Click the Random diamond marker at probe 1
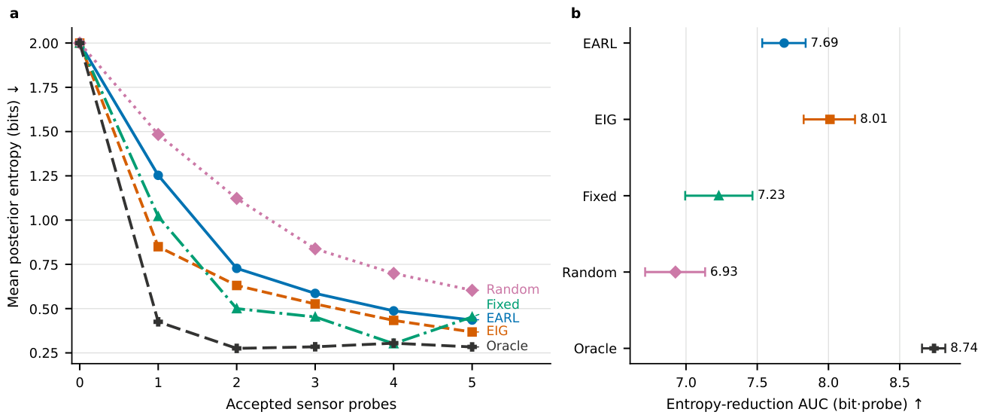click(158, 134)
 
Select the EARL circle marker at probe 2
click(237, 268)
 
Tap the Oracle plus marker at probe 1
click(158, 322)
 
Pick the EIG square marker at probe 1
click(158, 246)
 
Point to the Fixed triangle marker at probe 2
click(237, 308)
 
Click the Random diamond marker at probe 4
click(393, 273)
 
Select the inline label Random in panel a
click(512, 289)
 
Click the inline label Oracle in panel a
click(507, 346)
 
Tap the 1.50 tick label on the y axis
click(44, 132)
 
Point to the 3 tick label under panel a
click(315, 383)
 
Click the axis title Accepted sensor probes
click(311, 404)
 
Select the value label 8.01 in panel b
click(873, 119)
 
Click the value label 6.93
click(724, 271)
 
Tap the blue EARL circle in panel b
click(784, 43)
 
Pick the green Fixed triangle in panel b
click(718, 195)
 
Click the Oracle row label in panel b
click(595, 349)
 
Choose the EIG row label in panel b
click(606, 120)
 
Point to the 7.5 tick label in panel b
click(758, 383)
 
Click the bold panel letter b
click(576, 14)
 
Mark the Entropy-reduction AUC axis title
click(794, 404)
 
